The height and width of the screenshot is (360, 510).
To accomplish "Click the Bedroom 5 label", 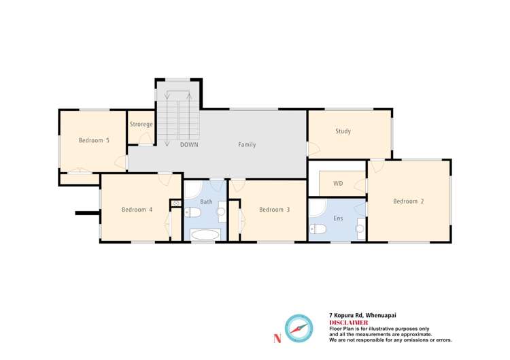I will point(94,141).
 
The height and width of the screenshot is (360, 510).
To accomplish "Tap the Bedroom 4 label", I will point(137,210).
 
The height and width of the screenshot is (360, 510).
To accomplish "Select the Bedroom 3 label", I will point(274,210).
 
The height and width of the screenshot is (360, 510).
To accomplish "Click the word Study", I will point(343,131).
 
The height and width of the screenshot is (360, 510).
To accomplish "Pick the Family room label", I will point(247,145).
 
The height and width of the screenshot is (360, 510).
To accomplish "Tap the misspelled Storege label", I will point(141,125).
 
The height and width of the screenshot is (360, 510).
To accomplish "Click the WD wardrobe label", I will point(338,184).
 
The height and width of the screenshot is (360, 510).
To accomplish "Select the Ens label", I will point(338,218).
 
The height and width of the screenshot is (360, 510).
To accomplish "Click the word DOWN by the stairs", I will point(189,145).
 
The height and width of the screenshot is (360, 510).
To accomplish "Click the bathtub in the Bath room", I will point(205,235).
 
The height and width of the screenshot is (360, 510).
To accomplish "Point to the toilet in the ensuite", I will point(317,228).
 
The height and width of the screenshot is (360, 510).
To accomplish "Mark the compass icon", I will point(298,328).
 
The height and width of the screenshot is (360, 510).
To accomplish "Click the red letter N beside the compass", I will point(276,338).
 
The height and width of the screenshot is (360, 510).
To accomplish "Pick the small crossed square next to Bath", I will point(175,203).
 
